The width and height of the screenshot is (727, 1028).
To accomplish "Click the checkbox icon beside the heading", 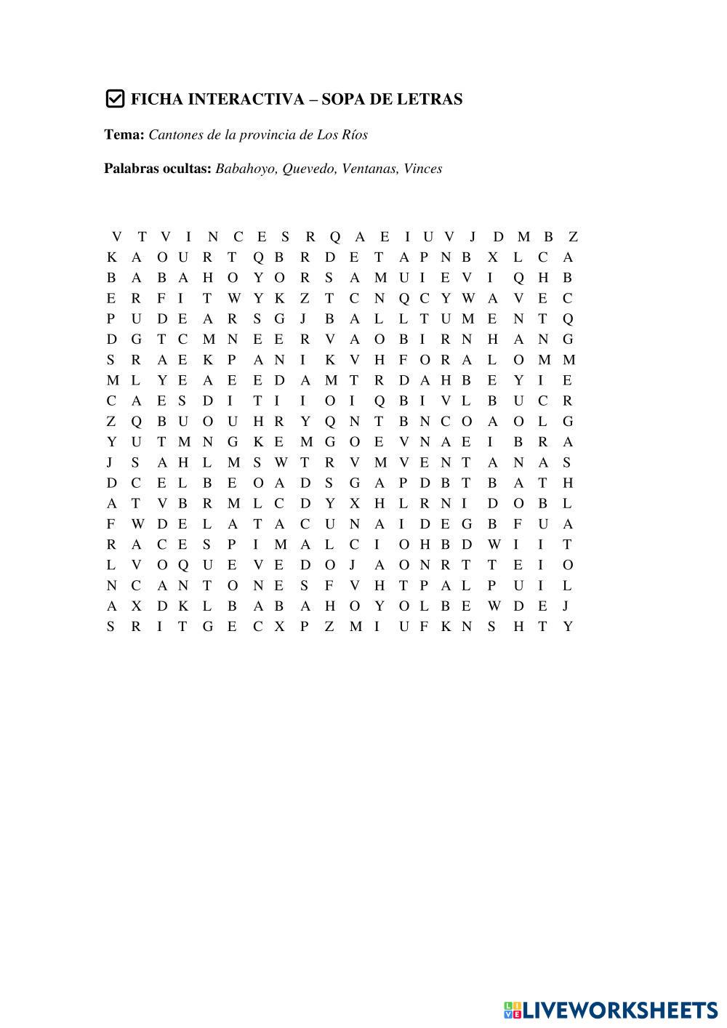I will pyautogui.click(x=115, y=99).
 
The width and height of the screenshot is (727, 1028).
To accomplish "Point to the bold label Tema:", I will pyautogui.click(x=124, y=134).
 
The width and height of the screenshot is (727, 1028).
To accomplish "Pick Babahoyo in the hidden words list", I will pyautogui.click(x=246, y=169).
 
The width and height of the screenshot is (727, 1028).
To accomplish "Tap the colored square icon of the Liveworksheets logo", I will pyautogui.click(x=512, y=1008).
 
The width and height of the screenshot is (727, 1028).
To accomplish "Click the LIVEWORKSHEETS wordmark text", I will pyautogui.click(x=620, y=1008).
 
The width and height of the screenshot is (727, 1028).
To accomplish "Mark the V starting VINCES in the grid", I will pyautogui.click(x=165, y=236).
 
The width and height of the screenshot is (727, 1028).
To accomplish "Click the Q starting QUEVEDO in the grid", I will pyautogui.click(x=182, y=565).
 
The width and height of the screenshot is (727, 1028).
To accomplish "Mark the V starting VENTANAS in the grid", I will pyautogui.click(x=404, y=462).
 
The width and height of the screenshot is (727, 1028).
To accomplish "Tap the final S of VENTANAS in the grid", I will pyautogui.click(x=567, y=462).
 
